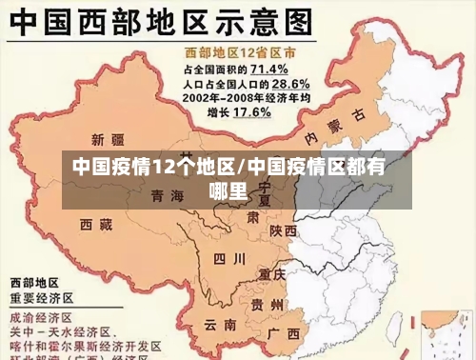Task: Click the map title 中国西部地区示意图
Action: point(162,23)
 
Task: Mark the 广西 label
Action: point(285,333)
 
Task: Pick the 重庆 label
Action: point(272,273)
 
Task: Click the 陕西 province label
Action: point(283,230)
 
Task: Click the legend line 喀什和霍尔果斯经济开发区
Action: point(86,346)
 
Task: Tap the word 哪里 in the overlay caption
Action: point(228,190)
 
